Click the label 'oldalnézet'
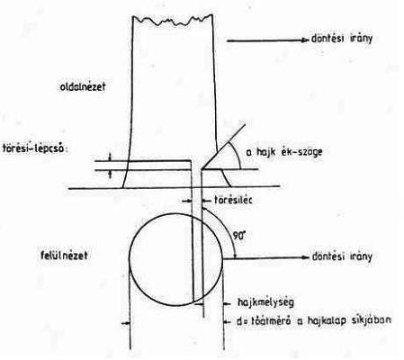point(83,86)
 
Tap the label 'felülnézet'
point(64,256)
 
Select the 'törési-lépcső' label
point(33,148)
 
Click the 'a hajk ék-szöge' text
point(284,152)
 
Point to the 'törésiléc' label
point(233,200)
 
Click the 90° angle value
point(239,236)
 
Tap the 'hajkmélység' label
point(265,302)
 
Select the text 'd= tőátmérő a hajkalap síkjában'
point(314,321)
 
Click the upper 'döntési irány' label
point(342,39)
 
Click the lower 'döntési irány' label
point(342,257)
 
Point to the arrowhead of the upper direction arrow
point(306,40)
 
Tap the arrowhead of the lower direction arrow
point(306,257)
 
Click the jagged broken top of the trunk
point(173,20)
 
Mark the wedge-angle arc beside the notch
point(237,155)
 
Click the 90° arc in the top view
point(223,229)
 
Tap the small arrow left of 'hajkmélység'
point(228,303)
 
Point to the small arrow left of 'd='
point(228,322)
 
